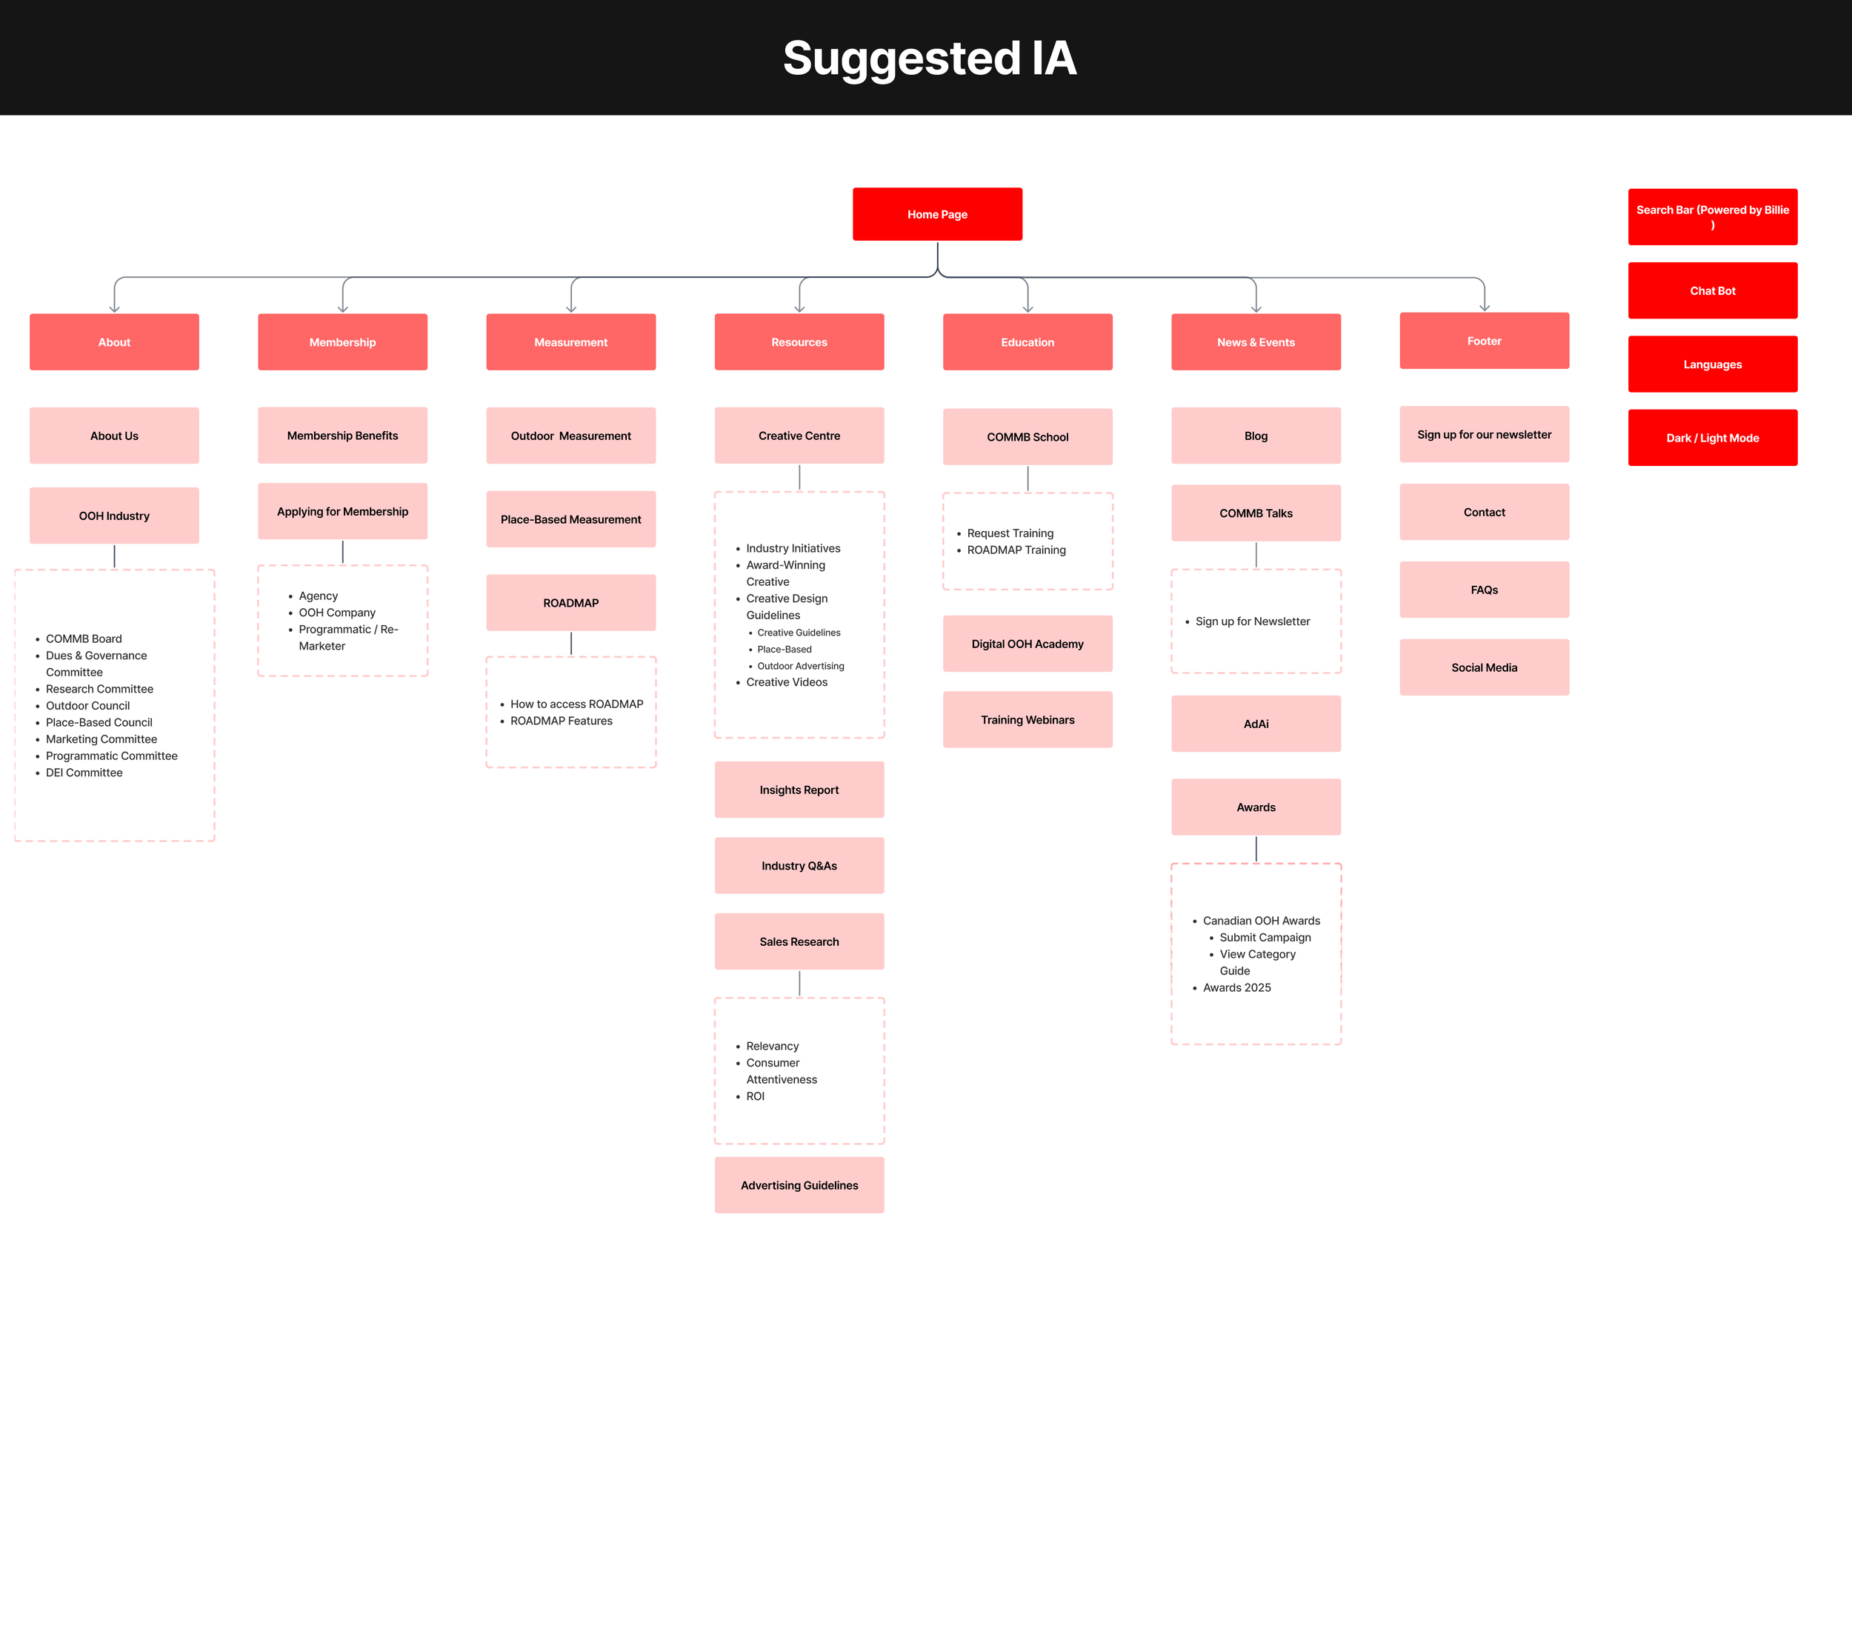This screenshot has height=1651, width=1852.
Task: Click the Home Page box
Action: (x=936, y=214)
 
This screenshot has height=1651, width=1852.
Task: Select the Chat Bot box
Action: (x=1711, y=290)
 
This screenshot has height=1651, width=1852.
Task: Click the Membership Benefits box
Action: (x=342, y=436)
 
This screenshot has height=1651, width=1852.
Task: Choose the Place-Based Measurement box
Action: (x=570, y=519)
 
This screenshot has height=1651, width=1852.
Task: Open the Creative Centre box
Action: (x=799, y=436)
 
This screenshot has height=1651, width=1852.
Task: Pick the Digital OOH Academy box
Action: (x=1027, y=643)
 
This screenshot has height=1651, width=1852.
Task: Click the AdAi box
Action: (x=1255, y=723)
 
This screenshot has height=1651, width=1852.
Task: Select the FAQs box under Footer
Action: (x=1484, y=590)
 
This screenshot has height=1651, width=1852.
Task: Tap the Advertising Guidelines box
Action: (x=799, y=1184)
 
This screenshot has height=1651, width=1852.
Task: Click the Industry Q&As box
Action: (x=799, y=865)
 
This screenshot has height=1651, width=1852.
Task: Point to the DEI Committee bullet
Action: (x=84, y=772)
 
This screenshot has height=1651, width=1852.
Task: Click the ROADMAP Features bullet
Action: (x=561, y=720)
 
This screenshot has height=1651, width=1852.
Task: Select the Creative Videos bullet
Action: (x=786, y=682)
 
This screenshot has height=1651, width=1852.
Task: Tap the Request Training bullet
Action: (x=1010, y=533)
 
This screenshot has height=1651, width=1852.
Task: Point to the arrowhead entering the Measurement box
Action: (x=570, y=308)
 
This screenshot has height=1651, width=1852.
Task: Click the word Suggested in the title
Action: (x=901, y=58)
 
